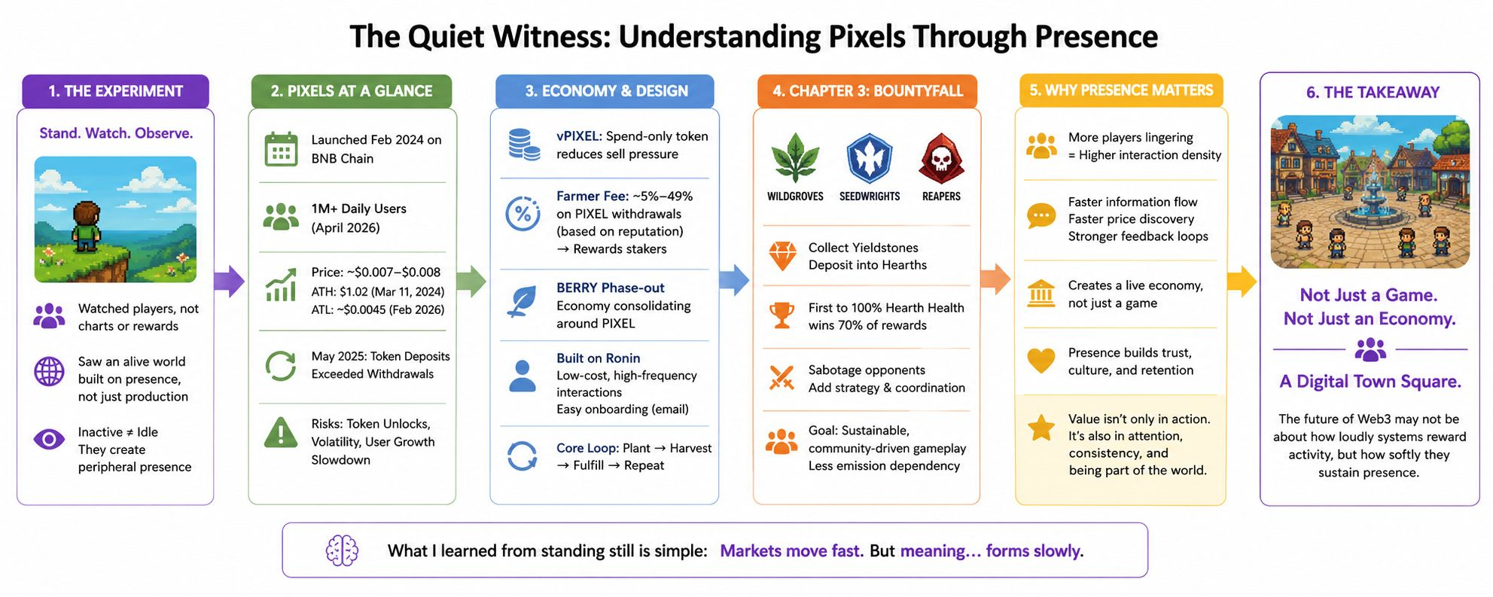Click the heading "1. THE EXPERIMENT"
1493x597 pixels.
coord(115,91)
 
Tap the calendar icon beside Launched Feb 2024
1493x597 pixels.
coord(281,148)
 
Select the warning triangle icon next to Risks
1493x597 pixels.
coord(281,433)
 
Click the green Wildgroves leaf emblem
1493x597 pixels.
coord(795,158)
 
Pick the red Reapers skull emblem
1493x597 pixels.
coord(940,158)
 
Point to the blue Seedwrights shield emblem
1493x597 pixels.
coord(869,158)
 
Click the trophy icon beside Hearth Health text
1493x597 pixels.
coord(782,315)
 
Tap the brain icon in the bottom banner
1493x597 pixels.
coord(342,551)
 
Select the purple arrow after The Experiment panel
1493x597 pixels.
coord(230,281)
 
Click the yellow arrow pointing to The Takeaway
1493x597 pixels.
coord(1242,281)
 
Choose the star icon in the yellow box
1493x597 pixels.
coord(1041,428)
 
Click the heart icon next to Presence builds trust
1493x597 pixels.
coord(1041,360)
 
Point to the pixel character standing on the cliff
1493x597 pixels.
coord(87,226)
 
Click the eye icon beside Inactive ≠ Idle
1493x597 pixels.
coord(49,439)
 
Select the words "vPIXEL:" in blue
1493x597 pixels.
coord(579,136)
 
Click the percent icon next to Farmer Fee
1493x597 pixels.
coord(523,214)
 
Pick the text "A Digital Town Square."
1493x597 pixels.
coord(1370,382)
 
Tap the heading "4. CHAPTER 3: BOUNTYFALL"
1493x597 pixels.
coord(867,91)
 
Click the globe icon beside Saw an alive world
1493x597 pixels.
coord(49,371)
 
